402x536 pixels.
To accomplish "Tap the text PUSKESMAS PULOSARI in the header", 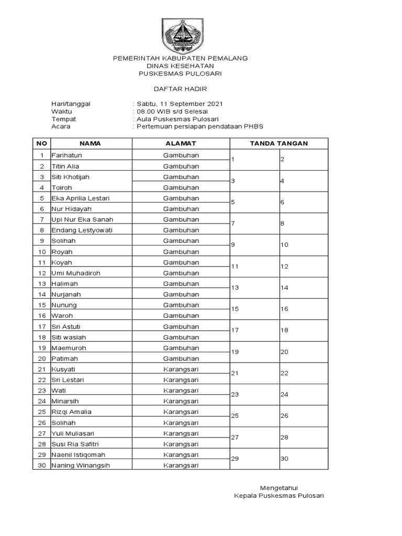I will coord(181,74).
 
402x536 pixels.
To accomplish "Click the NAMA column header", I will coord(90,143).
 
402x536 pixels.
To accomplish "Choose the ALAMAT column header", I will coord(181,143).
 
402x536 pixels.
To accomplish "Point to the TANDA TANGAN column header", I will coord(278,143).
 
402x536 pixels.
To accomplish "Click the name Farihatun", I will coord(67,155).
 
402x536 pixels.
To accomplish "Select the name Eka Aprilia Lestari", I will coord(81,198).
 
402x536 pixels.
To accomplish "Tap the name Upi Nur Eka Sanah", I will coord(82,220).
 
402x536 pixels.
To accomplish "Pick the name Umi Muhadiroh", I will coord(75,273).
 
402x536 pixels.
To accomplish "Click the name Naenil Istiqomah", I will coord(79,454).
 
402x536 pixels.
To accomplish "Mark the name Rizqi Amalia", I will coord(71,412).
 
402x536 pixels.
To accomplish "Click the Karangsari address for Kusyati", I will coord(181,370).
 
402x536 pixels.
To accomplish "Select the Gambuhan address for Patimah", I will coord(181,359).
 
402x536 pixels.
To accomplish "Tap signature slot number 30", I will coord(285,459).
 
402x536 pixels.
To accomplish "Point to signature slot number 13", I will coord(235,288).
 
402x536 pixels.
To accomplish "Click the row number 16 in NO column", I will coord(41,316).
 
